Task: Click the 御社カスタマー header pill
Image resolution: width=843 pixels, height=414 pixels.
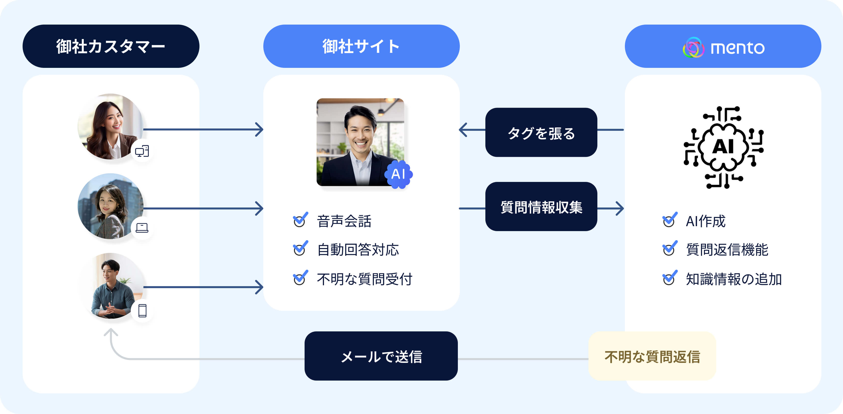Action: click(x=111, y=46)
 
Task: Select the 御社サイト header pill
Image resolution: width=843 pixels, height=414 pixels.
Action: click(x=361, y=46)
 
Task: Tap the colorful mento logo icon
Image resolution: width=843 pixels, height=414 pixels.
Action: click(x=693, y=47)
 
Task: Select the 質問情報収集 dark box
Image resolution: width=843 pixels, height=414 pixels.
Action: click(x=541, y=207)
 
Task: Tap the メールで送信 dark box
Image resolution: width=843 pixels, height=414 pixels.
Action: click(x=381, y=356)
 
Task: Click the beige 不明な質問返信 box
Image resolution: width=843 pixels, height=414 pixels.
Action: click(x=652, y=356)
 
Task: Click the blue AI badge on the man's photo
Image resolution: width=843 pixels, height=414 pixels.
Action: click(x=398, y=174)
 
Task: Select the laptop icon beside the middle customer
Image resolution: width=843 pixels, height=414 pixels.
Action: click(x=142, y=228)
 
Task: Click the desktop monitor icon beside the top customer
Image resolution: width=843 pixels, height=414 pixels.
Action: click(x=142, y=151)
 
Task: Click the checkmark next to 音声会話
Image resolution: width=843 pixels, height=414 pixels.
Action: click(x=300, y=220)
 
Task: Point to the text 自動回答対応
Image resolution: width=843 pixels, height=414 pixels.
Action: click(x=358, y=250)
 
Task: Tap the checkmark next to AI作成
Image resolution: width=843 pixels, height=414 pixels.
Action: click(x=669, y=220)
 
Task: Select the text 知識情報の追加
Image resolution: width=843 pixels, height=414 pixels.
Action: click(x=733, y=279)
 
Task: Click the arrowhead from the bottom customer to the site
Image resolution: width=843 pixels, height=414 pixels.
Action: click(x=260, y=287)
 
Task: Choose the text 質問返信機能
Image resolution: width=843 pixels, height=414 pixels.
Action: click(x=727, y=250)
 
